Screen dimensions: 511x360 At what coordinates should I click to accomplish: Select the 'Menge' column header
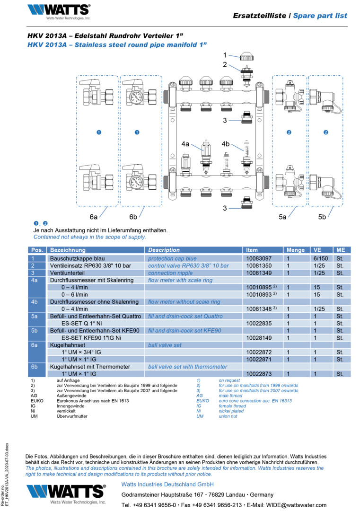(x=295, y=250)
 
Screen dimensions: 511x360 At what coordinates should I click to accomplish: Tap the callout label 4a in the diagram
(x=185, y=143)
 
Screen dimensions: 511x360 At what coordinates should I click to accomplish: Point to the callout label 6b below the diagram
(x=133, y=217)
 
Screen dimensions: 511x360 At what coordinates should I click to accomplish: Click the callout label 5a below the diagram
(x=282, y=217)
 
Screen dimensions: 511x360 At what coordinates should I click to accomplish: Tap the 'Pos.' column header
(x=37, y=250)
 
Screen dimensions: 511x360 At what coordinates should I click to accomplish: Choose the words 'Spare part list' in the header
(x=320, y=16)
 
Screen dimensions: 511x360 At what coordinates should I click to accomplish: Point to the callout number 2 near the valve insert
(x=225, y=65)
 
